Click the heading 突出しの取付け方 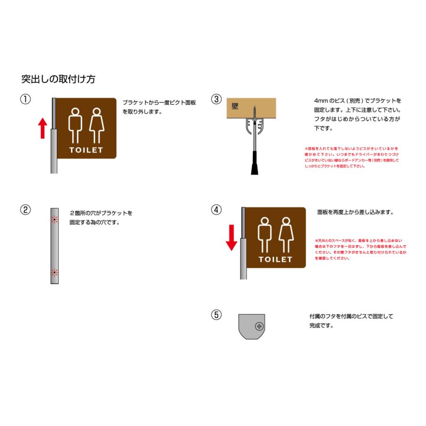(58, 79)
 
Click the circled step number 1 (26, 99)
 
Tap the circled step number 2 (26, 210)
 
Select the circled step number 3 (216, 99)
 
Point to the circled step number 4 (216, 210)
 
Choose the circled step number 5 (216, 315)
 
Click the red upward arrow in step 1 (43, 128)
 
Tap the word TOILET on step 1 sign (86, 151)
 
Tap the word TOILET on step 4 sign (275, 260)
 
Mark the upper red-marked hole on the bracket (54, 220)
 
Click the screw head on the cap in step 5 (259, 326)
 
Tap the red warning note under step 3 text (352, 157)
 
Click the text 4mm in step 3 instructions (321, 101)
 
